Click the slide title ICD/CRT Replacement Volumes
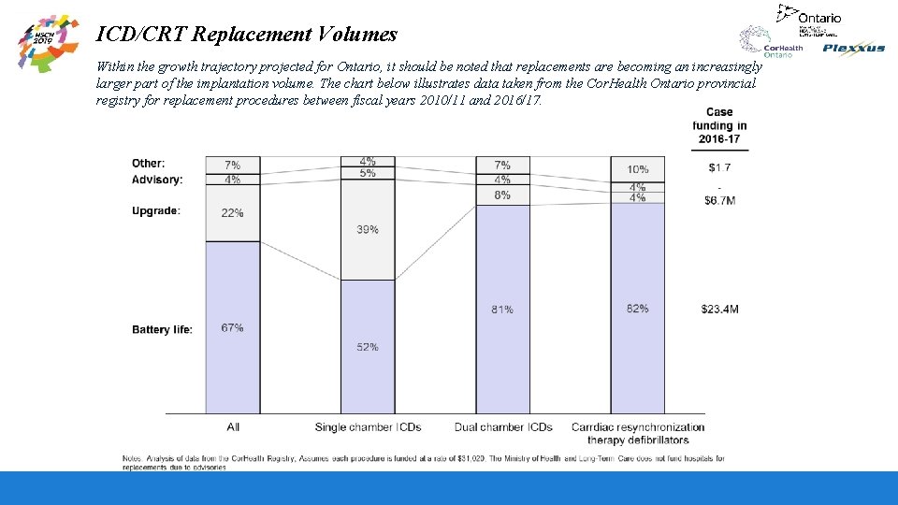tap(247, 35)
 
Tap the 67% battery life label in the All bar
tap(233, 328)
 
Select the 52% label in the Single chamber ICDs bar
tap(368, 347)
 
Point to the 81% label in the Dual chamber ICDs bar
tap(502, 310)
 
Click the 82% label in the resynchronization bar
tap(637, 309)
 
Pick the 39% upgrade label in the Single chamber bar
tap(368, 230)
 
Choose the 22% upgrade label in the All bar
tap(233, 213)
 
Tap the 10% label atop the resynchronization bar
tap(637, 169)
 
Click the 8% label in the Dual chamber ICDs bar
tap(502, 195)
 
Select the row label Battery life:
tap(162, 330)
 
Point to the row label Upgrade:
tap(156, 211)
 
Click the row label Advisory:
tap(157, 180)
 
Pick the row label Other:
tap(148, 164)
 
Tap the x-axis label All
tap(233, 427)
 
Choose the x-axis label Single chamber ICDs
tap(368, 427)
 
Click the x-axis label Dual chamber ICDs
tap(503, 427)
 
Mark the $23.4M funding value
tap(719, 310)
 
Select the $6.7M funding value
tap(719, 201)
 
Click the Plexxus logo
tap(853, 49)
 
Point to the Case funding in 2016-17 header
tap(719, 126)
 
